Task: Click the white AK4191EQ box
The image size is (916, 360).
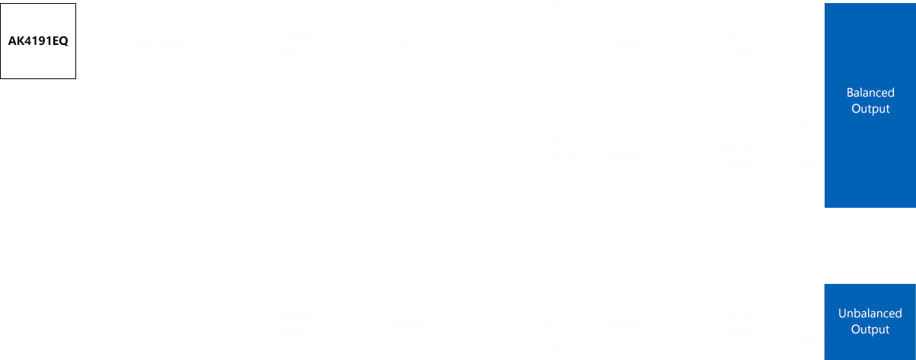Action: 38,41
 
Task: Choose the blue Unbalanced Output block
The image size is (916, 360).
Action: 870,321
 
